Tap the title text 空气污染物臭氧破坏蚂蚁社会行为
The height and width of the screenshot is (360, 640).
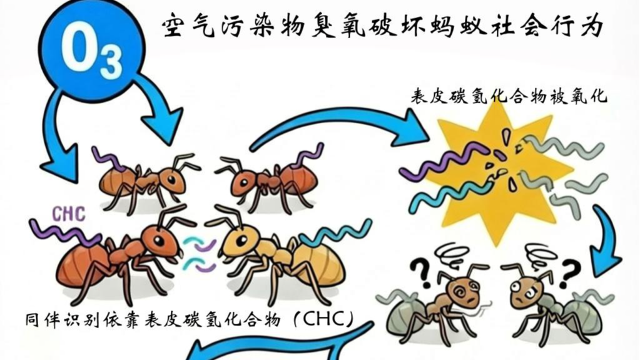(382, 26)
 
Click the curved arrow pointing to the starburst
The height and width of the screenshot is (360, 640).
(338, 125)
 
